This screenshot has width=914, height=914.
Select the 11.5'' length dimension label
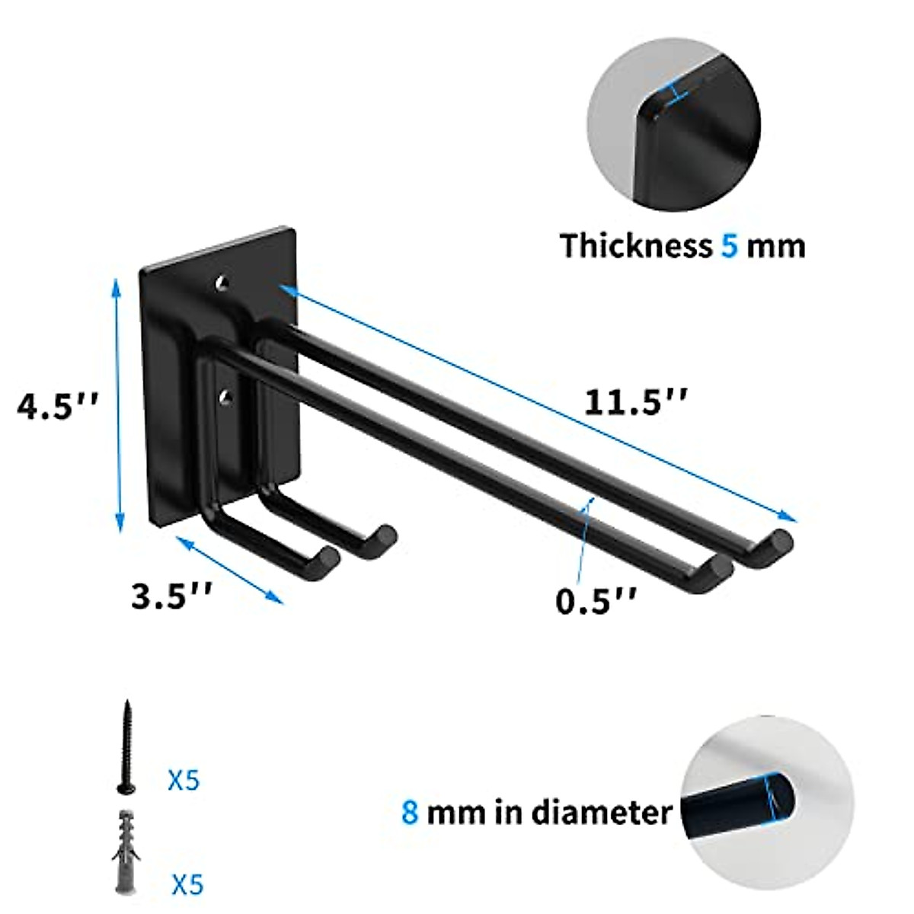[636, 402]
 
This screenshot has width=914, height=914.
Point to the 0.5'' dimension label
[595, 601]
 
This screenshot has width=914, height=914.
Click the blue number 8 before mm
[411, 812]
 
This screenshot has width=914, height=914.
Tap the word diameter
[601, 812]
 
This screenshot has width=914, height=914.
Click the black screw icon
[125, 746]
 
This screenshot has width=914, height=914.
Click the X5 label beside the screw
[184, 781]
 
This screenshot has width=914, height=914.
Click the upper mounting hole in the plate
[222, 283]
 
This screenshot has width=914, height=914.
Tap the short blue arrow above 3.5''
[229, 568]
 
